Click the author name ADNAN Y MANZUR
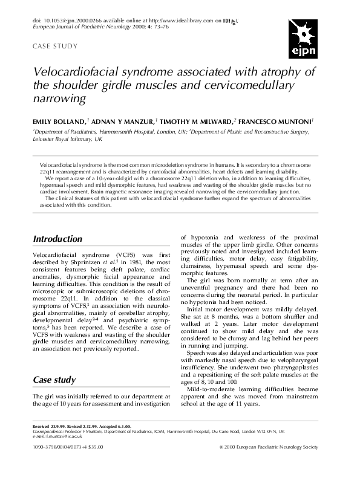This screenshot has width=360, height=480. [x=118, y=121]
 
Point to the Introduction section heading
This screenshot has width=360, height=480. [x=57, y=239]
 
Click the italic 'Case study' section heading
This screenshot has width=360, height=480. [x=54, y=380]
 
